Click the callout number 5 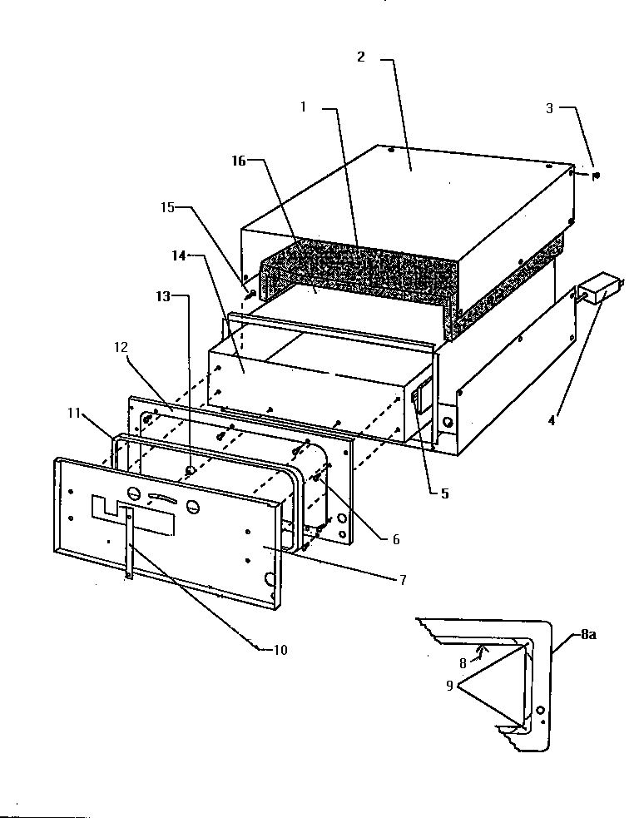444,493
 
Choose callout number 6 396,539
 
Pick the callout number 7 403,580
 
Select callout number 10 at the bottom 280,650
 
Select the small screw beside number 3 598,176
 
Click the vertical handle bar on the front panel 130,544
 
